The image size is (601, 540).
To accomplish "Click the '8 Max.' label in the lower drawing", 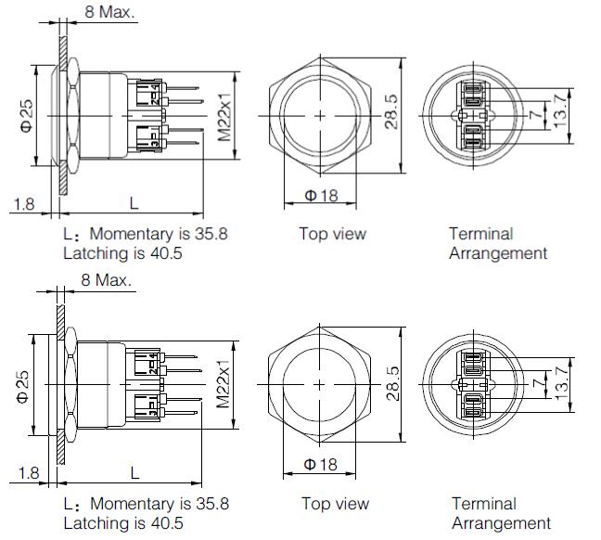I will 107,279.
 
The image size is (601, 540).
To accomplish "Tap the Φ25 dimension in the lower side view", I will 25,383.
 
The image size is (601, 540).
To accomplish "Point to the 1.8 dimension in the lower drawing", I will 29,473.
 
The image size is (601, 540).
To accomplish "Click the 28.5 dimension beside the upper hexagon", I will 393,112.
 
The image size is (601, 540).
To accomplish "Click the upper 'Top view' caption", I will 332,234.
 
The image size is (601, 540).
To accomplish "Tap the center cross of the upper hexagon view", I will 320,115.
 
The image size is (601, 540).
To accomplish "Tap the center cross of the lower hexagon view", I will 320,384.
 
